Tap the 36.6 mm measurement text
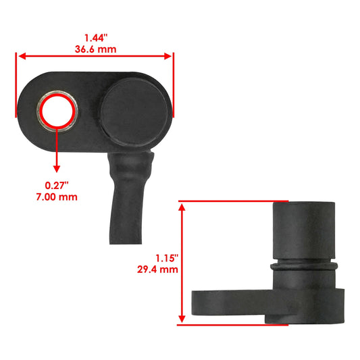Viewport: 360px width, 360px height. [95, 50]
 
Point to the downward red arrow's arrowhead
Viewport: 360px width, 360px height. [56, 169]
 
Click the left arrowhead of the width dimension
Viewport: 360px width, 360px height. [21, 57]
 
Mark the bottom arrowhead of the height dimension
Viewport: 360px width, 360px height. [181, 320]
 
